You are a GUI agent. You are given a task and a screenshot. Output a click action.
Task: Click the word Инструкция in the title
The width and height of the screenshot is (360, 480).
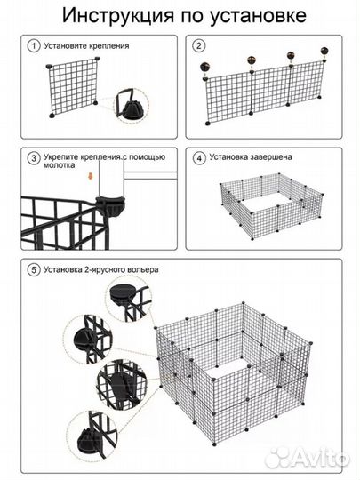coord(118,15)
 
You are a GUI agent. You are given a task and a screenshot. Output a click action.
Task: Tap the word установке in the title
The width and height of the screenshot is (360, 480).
coord(258,16)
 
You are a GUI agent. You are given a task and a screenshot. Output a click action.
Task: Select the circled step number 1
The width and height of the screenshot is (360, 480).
coord(34,46)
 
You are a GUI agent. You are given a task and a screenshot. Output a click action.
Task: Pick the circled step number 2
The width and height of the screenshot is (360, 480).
coord(199,46)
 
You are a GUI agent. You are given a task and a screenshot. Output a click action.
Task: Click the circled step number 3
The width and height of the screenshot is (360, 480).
coord(34,158)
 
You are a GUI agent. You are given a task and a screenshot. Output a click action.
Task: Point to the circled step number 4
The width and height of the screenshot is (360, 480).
coord(199,158)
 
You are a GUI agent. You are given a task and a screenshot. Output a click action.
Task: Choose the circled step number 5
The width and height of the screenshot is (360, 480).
coord(34,270)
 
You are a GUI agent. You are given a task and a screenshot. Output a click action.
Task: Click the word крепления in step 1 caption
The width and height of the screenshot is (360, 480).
coord(108,46)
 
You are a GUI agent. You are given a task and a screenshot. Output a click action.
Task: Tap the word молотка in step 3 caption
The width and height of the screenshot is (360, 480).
coord(59,165)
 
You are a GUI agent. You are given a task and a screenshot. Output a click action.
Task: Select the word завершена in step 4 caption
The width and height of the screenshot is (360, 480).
coord(271,157)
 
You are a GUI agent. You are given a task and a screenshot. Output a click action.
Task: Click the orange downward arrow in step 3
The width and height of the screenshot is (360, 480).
coord(91,176)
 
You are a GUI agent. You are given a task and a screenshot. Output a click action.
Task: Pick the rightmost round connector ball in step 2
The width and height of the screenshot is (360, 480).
coord(324,51)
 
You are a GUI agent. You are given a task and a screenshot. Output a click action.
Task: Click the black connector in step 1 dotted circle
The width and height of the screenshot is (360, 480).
coord(132,109)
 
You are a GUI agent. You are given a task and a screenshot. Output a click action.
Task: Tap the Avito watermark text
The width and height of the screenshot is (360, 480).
coord(307,459)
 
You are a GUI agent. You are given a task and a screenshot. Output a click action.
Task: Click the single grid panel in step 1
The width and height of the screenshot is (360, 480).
coord(73,86)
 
